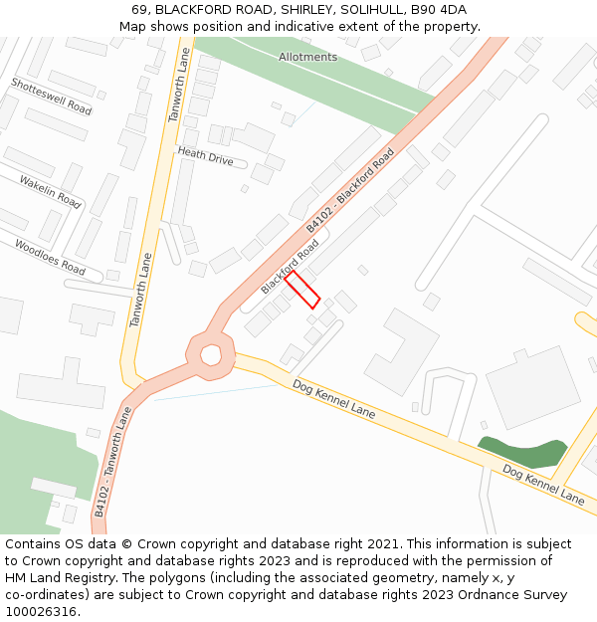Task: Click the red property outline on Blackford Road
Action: coord(302,290)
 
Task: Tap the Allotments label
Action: coord(307,57)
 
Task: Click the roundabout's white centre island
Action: coord(211,353)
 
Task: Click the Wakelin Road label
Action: coord(50,191)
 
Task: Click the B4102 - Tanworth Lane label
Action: coord(112,461)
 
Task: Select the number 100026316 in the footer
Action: coord(41,612)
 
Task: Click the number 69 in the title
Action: coord(139,10)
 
